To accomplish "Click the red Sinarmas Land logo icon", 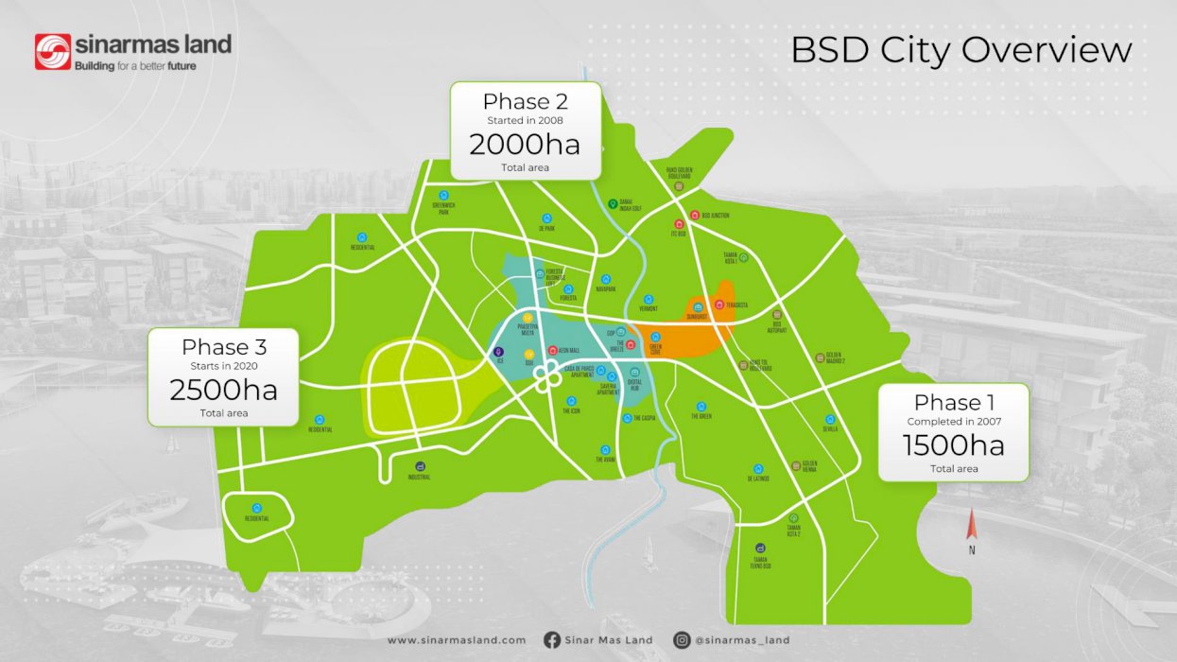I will [x=53, y=52].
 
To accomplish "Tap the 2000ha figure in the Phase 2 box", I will [x=525, y=145].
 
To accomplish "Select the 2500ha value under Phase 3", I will [x=223, y=390].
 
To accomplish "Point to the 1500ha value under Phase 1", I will [x=953, y=444].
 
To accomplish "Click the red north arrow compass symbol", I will [x=971, y=526].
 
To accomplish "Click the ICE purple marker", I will [x=500, y=352].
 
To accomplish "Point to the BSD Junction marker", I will [x=695, y=216].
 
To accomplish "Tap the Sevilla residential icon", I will [x=830, y=419].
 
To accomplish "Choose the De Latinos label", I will [x=757, y=479].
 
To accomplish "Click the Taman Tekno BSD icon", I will [x=760, y=549].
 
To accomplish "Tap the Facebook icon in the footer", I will [x=552, y=640].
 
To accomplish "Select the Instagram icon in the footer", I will [x=682, y=640].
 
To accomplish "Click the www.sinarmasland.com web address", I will [x=456, y=640].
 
